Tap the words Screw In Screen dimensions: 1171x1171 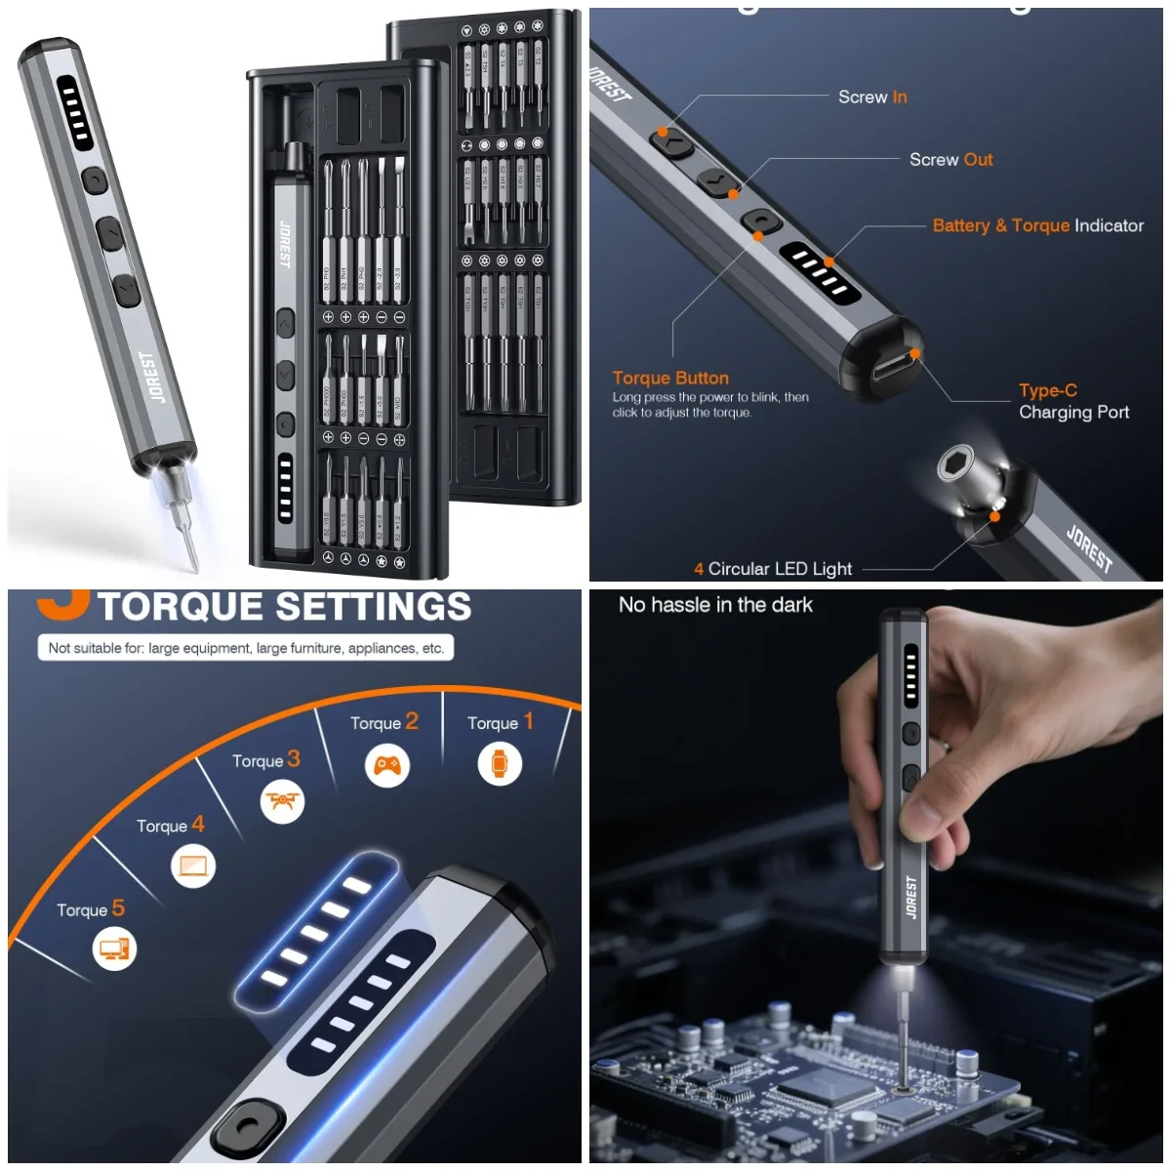click(872, 97)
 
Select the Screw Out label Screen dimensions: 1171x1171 click(950, 159)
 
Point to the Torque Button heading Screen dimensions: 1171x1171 click(670, 378)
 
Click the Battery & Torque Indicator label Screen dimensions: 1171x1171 click(1037, 225)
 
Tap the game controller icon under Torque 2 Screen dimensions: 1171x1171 click(387, 765)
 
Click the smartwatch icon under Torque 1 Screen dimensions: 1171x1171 click(500, 763)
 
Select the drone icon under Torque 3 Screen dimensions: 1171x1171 click(283, 802)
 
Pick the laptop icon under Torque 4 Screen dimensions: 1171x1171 click(193, 866)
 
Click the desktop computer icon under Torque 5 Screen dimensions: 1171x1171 click(115, 948)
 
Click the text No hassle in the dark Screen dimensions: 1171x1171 click(715, 605)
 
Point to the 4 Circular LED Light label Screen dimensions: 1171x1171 click(773, 569)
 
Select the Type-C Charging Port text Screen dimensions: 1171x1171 click(1073, 401)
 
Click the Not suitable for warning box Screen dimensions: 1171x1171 click(246, 648)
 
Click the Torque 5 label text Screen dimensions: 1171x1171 click(90, 909)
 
